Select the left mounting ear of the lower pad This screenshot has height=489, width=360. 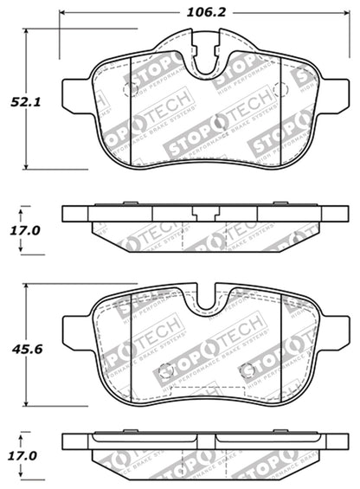pyautogui.click(x=76, y=331)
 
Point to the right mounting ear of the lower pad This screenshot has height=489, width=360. pyautogui.click(x=334, y=331)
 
